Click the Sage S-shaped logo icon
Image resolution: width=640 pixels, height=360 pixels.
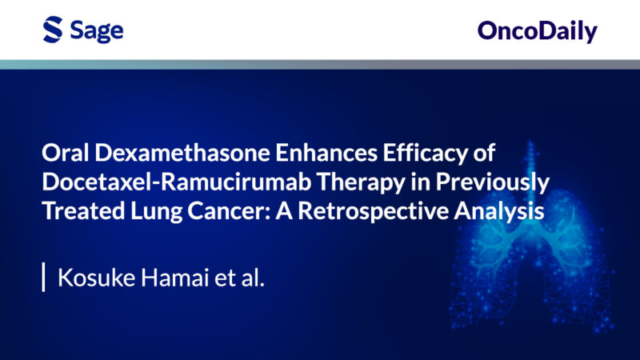(53, 30)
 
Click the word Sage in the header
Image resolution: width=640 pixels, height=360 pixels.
(95, 31)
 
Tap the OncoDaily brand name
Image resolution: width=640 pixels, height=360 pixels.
(537, 31)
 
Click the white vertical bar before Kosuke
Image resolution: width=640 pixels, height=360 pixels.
(43, 278)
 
